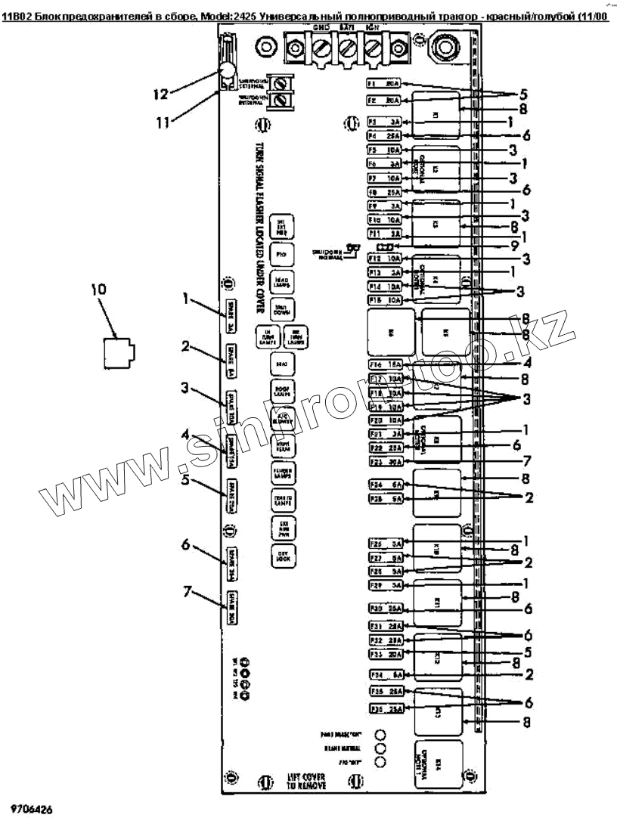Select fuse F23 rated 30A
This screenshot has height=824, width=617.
point(384,461)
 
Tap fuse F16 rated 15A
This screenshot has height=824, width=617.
point(384,364)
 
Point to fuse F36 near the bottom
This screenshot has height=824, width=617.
point(384,708)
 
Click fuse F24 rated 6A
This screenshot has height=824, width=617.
point(384,485)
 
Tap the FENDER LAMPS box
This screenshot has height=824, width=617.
point(281,474)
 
